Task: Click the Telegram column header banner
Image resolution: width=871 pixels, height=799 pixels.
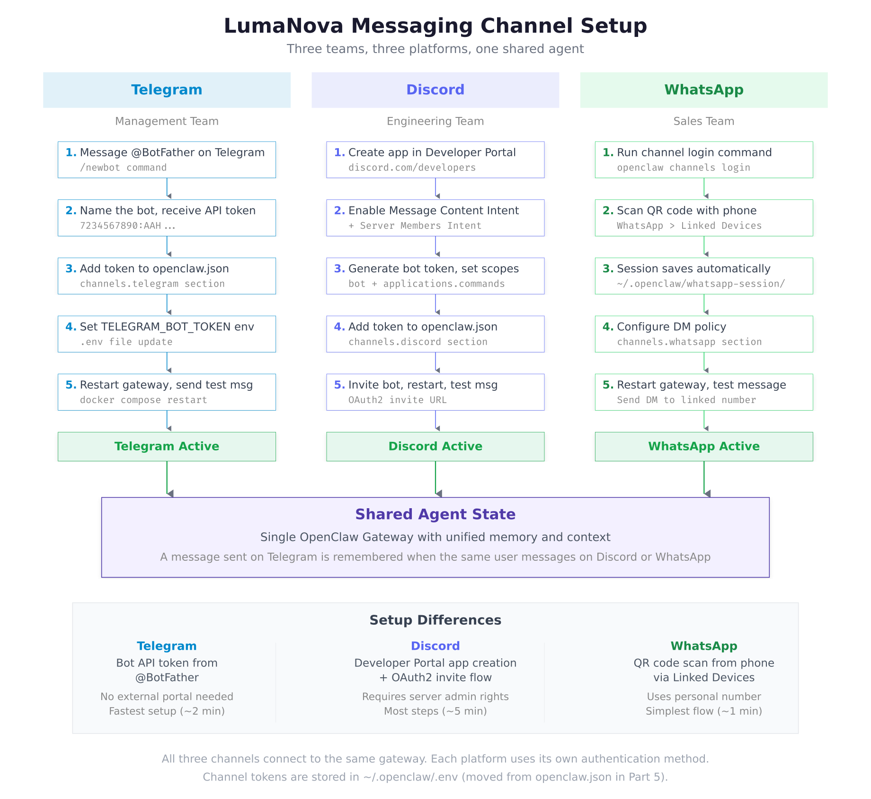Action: point(167,90)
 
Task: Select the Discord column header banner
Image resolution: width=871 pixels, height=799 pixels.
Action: point(435,90)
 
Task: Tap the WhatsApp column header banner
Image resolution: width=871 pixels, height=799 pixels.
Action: point(703,90)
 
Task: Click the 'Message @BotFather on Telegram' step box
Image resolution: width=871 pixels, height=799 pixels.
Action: point(167,160)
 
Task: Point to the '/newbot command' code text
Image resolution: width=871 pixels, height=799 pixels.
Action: point(123,168)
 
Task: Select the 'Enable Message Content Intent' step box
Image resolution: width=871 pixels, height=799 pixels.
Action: point(435,218)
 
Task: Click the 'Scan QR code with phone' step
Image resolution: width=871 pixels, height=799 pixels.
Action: point(703,218)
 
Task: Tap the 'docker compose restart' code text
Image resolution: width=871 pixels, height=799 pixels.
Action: point(143,400)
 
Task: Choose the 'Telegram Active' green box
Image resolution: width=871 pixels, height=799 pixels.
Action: point(167,447)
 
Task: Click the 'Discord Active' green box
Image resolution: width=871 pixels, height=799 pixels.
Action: point(435,447)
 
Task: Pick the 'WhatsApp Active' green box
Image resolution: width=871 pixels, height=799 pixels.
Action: point(703,447)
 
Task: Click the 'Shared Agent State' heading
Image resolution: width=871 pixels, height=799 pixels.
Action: point(435,514)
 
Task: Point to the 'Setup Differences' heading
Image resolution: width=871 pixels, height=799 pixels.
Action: point(435,620)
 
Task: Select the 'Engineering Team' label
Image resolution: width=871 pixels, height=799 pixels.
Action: point(435,121)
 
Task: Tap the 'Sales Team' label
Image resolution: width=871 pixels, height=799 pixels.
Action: point(703,121)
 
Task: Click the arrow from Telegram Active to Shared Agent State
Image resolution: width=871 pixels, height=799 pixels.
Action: point(167,478)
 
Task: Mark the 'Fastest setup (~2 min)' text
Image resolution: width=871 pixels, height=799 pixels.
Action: point(167,711)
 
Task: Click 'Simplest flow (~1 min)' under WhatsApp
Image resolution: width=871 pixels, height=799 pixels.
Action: point(703,711)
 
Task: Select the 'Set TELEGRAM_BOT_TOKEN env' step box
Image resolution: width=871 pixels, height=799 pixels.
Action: point(167,334)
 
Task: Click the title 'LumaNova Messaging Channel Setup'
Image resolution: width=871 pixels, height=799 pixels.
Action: point(435,26)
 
